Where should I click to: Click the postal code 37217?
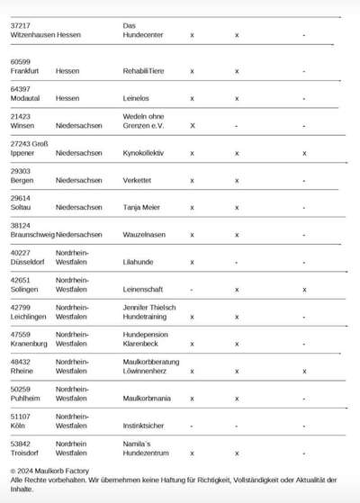[x=21, y=25]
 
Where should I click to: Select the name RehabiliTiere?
[x=143, y=70]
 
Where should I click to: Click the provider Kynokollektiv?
[x=143, y=153]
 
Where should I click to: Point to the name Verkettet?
[x=137, y=180]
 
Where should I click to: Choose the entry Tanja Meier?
[x=141, y=208]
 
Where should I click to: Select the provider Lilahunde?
[x=139, y=263]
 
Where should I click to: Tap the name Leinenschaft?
[x=144, y=290]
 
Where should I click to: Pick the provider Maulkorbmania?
[x=148, y=399]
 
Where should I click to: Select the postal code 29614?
[x=21, y=198]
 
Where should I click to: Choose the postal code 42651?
[x=21, y=280]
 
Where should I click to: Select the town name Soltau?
[x=22, y=208]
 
